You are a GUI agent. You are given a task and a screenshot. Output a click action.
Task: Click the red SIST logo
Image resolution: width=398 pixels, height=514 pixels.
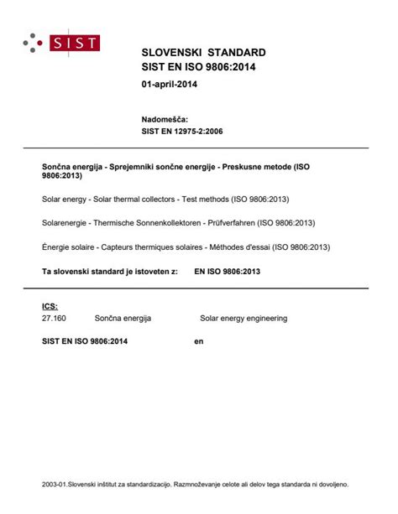74,44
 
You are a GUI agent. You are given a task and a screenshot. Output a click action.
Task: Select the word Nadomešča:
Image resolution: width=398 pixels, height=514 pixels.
165,120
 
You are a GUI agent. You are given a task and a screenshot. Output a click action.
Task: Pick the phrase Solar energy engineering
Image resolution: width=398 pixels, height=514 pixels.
243,319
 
